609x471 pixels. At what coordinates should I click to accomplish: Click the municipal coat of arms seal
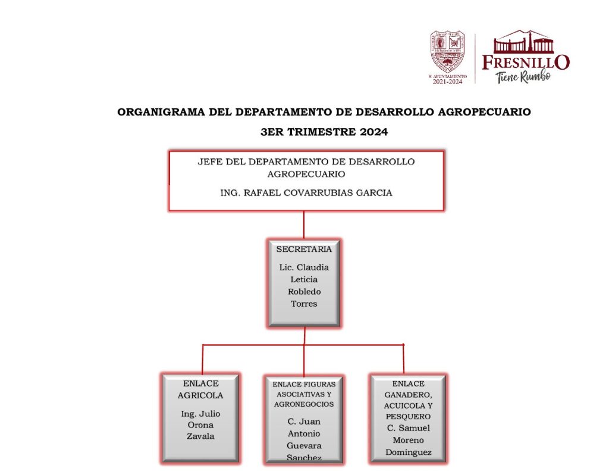pyautogui.click(x=448, y=52)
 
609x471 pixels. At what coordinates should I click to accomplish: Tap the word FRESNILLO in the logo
pyautogui.click(x=526, y=62)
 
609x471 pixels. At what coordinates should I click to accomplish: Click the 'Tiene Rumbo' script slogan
pyautogui.click(x=523, y=76)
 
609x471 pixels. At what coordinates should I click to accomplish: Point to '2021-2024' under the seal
pyautogui.click(x=447, y=82)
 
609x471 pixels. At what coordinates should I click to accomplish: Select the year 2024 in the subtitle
pyautogui.click(x=373, y=132)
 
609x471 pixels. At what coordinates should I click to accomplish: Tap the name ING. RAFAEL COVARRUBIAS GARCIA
pyautogui.click(x=306, y=192)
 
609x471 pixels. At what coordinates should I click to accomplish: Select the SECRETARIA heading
pyautogui.click(x=304, y=249)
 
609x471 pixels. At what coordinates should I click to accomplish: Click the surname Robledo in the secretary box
pyautogui.click(x=304, y=292)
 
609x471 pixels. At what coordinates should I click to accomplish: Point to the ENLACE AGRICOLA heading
pyautogui.click(x=200, y=389)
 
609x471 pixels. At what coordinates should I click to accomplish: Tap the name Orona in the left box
pyautogui.click(x=200, y=425)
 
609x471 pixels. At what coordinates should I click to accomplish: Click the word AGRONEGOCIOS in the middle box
pyautogui.click(x=304, y=404)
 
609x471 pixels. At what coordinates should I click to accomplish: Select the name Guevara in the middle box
pyautogui.click(x=304, y=445)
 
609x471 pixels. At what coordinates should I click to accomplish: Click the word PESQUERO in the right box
pyautogui.click(x=408, y=416)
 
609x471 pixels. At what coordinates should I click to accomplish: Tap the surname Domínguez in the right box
pyautogui.click(x=408, y=453)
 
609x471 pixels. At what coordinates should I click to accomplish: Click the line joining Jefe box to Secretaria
pyautogui.click(x=304, y=225)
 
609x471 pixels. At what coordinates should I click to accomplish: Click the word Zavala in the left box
pyautogui.click(x=200, y=436)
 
